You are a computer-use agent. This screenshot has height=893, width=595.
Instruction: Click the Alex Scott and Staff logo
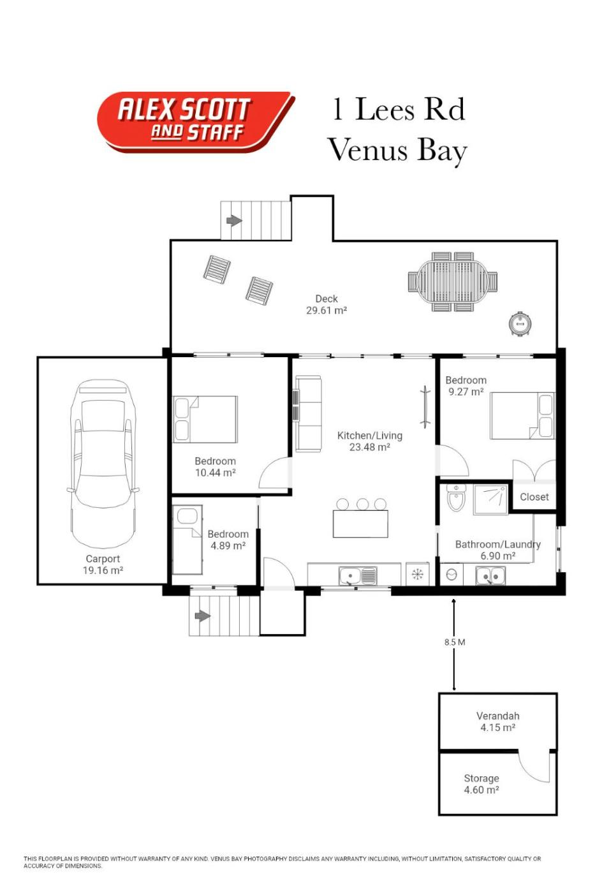[x=195, y=122]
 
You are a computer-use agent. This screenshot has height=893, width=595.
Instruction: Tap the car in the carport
[x=103, y=464]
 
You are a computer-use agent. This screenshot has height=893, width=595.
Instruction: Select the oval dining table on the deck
[x=452, y=281]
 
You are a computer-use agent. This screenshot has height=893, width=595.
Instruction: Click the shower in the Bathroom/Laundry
[x=490, y=499]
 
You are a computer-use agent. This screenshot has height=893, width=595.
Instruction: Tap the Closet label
[x=534, y=497]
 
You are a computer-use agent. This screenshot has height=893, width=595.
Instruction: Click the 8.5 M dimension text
[x=455, y=642]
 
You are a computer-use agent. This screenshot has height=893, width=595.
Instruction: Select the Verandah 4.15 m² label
[x=498, y=721]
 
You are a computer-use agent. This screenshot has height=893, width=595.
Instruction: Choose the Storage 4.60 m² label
[x=481, y=784]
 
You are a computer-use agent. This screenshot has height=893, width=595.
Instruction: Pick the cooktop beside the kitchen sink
[x=417, y=574]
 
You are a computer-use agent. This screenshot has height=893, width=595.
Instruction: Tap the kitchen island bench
[x=360, y=524]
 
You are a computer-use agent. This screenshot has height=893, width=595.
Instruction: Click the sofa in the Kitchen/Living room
[x=308, y=413]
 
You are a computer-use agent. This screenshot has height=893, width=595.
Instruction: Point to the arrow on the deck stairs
[x=234, y=221]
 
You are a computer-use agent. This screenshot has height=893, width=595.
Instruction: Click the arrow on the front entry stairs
[x=203, y=616]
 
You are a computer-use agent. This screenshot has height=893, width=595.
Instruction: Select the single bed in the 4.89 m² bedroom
[x=187, y=540]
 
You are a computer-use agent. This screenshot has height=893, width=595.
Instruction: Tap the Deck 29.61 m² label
[x=327, y=305]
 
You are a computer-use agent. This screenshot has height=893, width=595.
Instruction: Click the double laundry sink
[x=490, y=575]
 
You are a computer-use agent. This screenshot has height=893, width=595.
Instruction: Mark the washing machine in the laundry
[x=452, y=575]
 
